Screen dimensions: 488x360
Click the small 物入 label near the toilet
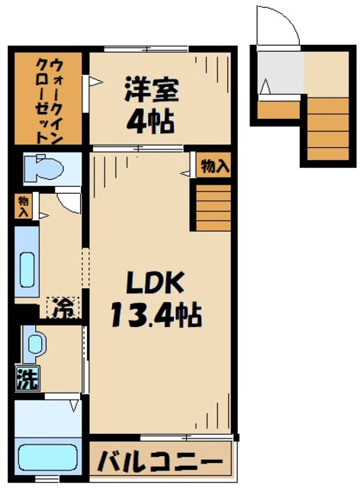click(x=24, y=206)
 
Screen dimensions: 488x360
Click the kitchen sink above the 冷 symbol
click(x=27, y=267)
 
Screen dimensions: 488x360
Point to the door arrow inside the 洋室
click(x=96, y=81)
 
